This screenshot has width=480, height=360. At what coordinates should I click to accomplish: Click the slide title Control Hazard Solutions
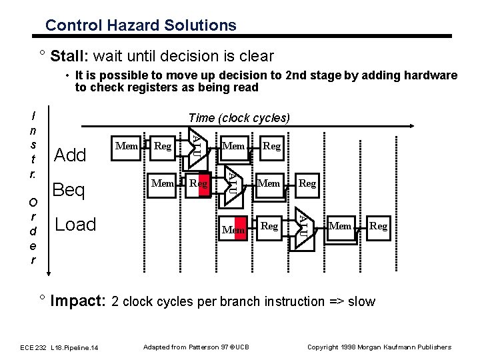(x=141, y=25)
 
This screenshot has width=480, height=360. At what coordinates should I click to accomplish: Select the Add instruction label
(x=70, y=155)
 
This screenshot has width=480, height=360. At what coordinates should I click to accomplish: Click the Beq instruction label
(x=69, y=191)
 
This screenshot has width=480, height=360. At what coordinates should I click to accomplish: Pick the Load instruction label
(x=76, y=225)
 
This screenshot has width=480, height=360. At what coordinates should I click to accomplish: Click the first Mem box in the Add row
(x=127, y=145)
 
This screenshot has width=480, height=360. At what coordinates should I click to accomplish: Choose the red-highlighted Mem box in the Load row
(x=235, y=229)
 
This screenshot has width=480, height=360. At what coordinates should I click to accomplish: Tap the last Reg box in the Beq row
(x=307, y=181)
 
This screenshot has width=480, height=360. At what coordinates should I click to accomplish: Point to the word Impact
(x=79, y=301)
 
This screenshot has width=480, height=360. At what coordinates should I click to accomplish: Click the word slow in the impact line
(x=361, y=301)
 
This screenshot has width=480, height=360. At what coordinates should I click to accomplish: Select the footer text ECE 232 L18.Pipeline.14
(x=59, y=347)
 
